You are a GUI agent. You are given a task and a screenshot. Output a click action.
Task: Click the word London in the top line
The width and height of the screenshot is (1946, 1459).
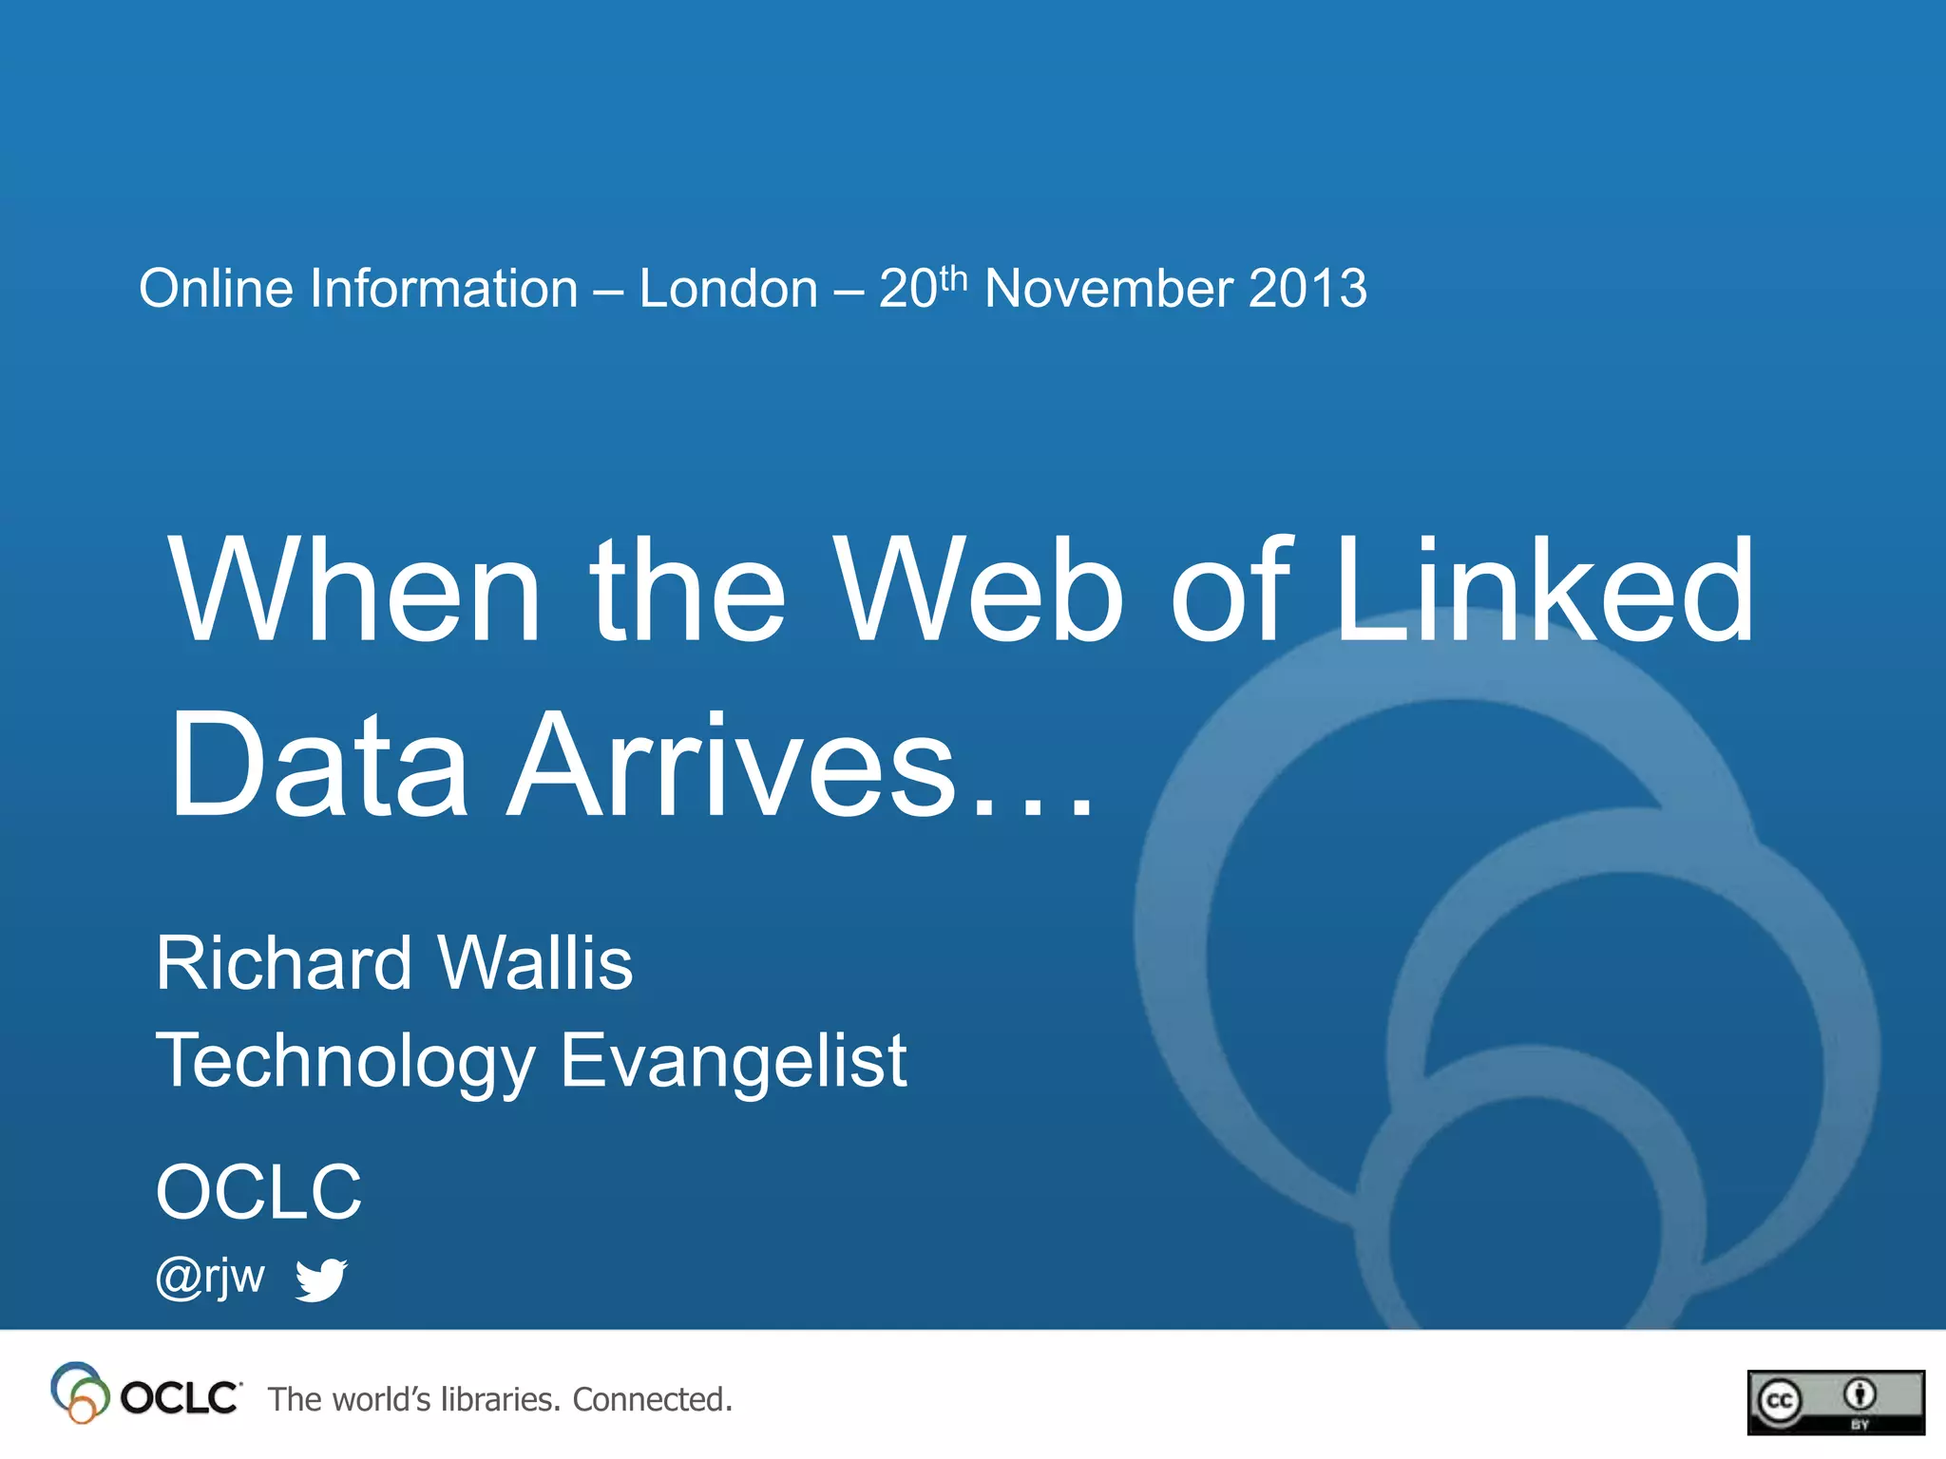click(728, 289)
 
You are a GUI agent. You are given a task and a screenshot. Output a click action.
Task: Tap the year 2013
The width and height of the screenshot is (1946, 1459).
click(1307, 289)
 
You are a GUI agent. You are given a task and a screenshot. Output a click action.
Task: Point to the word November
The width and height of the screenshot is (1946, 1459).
click(1109, 289)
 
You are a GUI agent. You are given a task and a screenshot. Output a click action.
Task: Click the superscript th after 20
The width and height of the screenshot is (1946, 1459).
click(953, 278)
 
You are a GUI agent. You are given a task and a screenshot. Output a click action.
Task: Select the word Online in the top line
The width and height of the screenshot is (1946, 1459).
click(216, 289)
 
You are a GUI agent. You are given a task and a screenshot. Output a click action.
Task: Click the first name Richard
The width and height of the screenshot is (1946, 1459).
click(283, 963)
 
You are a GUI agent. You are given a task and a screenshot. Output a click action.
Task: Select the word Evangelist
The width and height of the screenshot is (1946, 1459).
click(734, 1061)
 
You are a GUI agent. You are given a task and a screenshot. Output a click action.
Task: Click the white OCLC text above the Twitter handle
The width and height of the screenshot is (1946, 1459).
click(258, 1192)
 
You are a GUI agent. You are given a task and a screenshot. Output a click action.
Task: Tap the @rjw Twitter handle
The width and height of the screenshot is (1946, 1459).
click(210, 1277)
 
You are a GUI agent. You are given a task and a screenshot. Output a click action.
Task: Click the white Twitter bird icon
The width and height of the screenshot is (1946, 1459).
click(321, 1279)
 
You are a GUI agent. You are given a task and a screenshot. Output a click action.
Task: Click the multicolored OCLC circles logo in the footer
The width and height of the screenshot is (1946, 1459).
click(79, 1393)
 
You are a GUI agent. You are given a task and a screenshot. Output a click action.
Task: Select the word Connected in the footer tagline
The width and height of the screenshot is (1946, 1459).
click(652, 1399)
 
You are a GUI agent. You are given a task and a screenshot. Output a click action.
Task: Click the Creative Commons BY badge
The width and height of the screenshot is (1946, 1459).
click(1835, 1402)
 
